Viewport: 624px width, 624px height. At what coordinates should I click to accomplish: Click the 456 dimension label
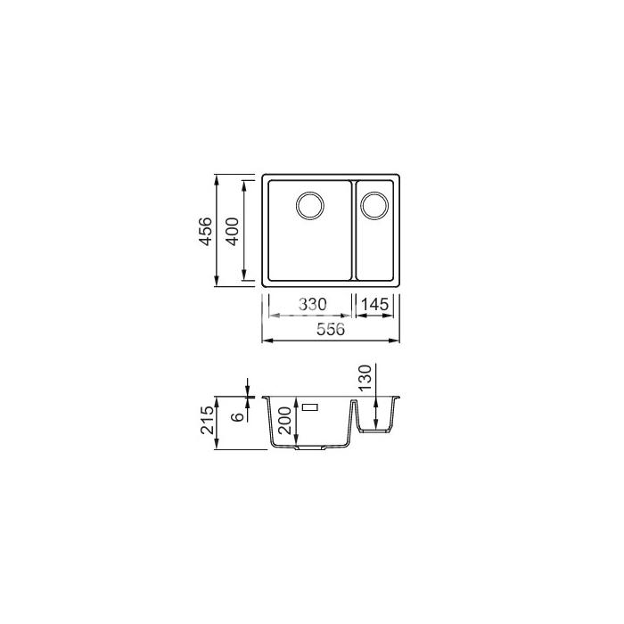tap(205, 231)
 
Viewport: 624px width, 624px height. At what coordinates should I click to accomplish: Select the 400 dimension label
tap(232, 231)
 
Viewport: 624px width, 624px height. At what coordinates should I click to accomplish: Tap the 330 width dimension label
tap(313, 305)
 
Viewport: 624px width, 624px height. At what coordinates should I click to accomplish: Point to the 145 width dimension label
tap(375, 305)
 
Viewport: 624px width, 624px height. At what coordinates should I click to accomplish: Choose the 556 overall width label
tap(331, 330)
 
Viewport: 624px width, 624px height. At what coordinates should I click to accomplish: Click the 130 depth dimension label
tap(365, 378)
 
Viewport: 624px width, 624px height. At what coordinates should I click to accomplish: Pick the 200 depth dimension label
tap(285, 421)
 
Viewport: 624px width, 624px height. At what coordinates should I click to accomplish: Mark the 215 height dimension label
tap(208, 420)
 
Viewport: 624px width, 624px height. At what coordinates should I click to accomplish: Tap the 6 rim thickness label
tap(238, 416)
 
